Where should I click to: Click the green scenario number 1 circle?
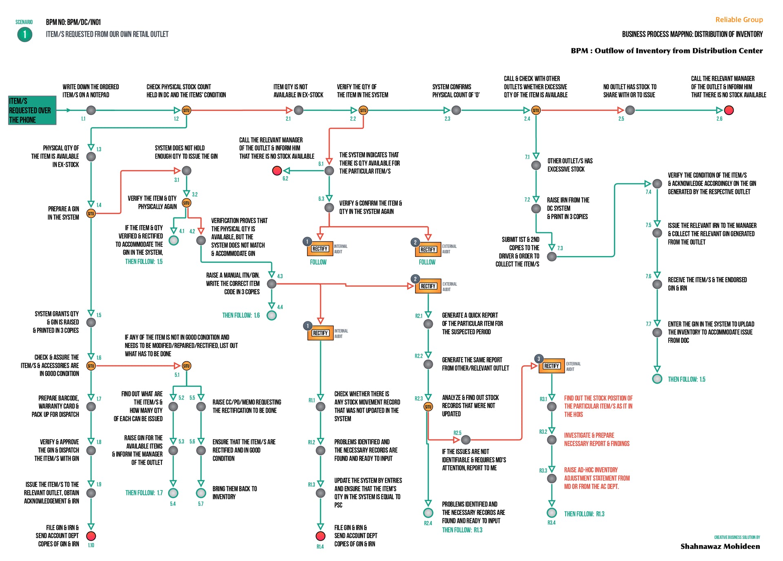[x=25, y=35]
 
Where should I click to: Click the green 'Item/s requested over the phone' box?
[x=32, y=110]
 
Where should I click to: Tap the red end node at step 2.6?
[x=729, y=110]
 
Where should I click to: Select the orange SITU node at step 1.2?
[x=186, y=110]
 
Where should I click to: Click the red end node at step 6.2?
[x=277, y=170]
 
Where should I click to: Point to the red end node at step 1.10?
[x=91, y=536]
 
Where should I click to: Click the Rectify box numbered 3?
[x=551, y=366]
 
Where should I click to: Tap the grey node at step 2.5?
[x=630, y=110]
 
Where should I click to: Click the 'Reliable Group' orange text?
[x=739, y=20]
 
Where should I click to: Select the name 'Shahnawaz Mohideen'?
[x=720, y=546]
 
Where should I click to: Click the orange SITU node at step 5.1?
[x=186, y=366]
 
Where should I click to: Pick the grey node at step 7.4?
[x=657, y=183]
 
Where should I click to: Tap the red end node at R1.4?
[x=321, y=536]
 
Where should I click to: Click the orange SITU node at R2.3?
[x=428, y=406]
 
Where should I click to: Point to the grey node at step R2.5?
[x=466, y=440]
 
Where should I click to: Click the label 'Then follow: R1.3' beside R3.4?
[x=584, y=514]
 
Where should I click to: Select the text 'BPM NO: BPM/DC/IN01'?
[x=73, y=22]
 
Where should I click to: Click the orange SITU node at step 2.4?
[x=536, y=110]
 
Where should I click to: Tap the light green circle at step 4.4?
[x=272, y=315]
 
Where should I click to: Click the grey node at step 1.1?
[x=91, y=110]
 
